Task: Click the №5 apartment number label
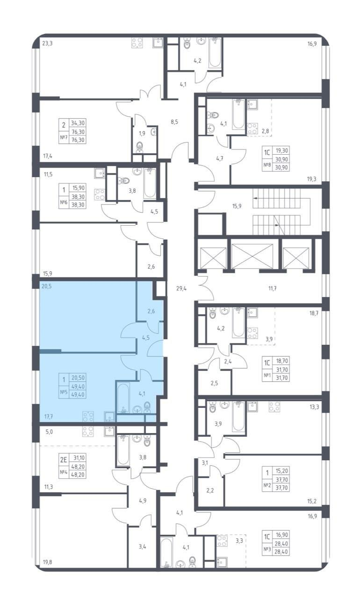coord(63,392)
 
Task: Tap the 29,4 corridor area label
coord(181,288)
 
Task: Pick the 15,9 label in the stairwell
coord(237,206)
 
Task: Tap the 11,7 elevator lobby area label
coord(273,288)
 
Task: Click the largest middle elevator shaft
coord(252,256)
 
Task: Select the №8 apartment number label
coord(267,165)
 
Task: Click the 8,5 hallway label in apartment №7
coord(174,122)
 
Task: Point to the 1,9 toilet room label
coord(142,133)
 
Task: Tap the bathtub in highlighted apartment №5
coord(123,398)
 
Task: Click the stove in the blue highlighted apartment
coord(88,416)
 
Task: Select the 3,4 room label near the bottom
coord(142,547)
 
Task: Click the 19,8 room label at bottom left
coord(48,562)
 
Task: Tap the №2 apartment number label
coord(267,485)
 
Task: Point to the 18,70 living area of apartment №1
coord(282,361)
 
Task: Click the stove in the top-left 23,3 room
coord(137,43)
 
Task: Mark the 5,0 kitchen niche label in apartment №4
coord(49,431)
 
